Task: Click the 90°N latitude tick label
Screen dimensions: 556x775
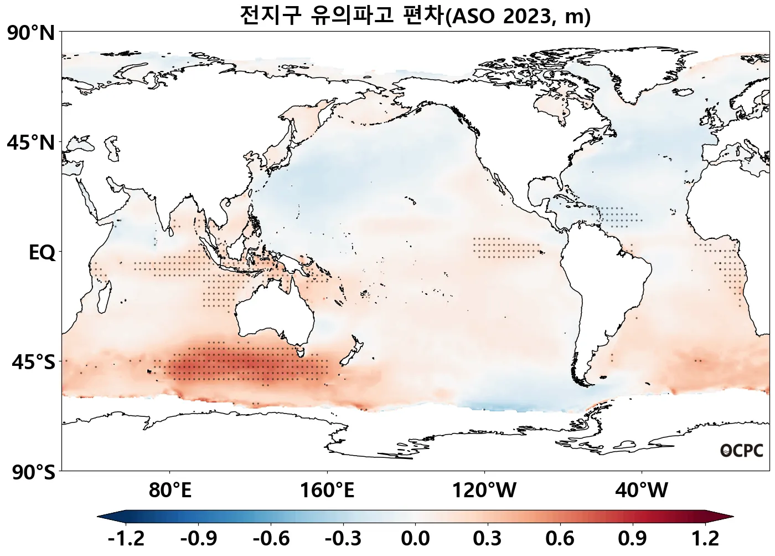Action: point(31,34)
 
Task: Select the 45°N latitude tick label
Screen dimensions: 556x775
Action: point(31,143)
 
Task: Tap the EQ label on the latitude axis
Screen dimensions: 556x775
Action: point(42,253)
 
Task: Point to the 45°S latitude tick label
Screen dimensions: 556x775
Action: point(33,363)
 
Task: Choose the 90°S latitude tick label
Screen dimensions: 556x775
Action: point(33,473)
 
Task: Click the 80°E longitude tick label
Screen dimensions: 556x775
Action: point(170,491)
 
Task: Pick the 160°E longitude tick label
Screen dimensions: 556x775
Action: point(327,491)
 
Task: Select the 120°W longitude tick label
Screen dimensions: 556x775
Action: point(484,491)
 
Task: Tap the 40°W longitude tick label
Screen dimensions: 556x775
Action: point(642,491)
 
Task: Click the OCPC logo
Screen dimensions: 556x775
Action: point(742,451)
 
